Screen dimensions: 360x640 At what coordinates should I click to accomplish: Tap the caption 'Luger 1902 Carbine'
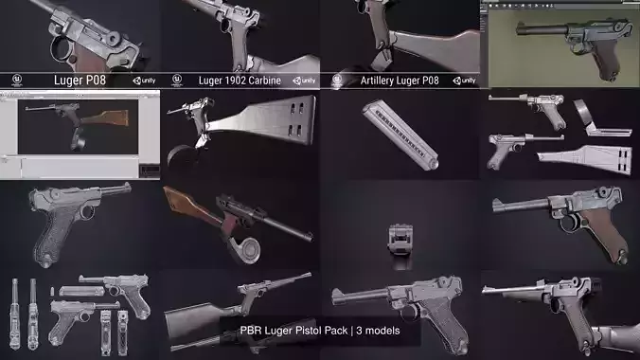(239, 81)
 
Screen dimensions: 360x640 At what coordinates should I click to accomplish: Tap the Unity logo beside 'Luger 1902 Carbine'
(304, 81)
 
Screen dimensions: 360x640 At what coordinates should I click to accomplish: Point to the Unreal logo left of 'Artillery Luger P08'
(338, 81)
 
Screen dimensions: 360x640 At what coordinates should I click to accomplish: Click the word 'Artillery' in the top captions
(377, 81)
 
